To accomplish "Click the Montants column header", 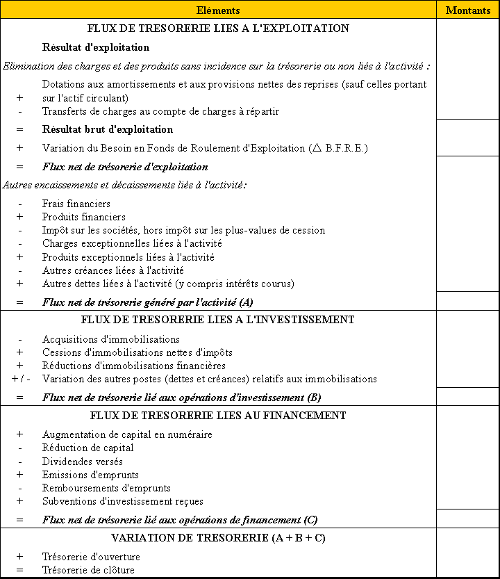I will tap(467, 10).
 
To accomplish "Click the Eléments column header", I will tap(218, 10).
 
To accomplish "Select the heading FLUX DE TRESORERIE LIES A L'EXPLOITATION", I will tap(218, 28).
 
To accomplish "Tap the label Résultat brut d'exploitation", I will tap(107, 129).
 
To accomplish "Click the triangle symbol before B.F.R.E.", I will tap(317, 147).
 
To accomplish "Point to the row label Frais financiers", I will tap(76, 204).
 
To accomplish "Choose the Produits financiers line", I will tap(83, 217).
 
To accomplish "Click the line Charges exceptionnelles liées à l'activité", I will tap(132, 243).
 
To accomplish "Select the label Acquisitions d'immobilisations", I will tap(110, 339).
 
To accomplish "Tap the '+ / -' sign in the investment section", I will tap(20, 379).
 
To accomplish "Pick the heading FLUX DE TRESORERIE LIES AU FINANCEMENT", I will tap(218, 416).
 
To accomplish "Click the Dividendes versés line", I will tap(82, 462).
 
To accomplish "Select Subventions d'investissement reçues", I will tap(122, 501).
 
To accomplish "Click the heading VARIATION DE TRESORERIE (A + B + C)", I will tap(218, 538).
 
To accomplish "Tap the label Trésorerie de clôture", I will tap(88, 570).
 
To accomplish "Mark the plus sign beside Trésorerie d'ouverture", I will tap(19, 557).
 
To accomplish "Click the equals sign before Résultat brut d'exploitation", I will tap(19, 129).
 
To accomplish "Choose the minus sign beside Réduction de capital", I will tap(19, 448).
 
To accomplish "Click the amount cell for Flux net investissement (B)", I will tap(467, 396).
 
